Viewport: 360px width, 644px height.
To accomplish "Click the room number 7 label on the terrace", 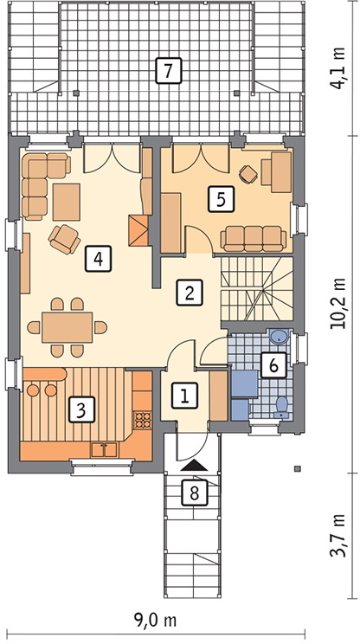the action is [x=168, y=71].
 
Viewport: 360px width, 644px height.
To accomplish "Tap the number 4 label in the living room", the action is [x=99, y=258].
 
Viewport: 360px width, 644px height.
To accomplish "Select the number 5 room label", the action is [x=222, y=199].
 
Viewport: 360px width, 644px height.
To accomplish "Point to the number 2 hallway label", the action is [x=190, y=293].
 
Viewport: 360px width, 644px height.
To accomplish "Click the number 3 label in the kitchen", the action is [x=81, y=409].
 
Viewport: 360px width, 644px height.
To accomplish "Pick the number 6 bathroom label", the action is [x=273, y=364].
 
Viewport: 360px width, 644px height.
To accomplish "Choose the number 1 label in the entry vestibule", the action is [x=184, y=396].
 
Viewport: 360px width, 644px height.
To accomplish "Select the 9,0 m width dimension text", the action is [x=155, y=620].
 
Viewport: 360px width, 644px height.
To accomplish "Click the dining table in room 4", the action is [x=67, y=327].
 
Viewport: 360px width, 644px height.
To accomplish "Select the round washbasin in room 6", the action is [x=280, y=336].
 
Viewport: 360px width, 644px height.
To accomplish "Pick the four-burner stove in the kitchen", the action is [x=142, y=420].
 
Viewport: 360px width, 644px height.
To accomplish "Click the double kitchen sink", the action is [x=104, y=449].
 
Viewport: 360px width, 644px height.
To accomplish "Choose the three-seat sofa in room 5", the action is [x=254, y=238].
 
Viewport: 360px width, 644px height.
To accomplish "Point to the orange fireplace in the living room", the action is [x=138, y=230].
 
